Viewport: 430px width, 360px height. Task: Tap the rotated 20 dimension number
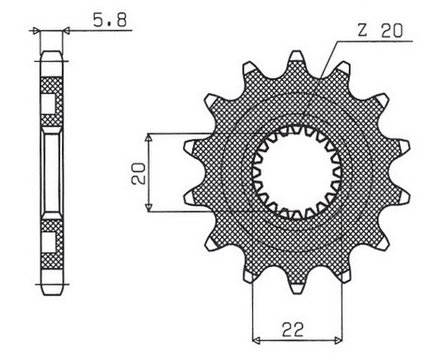(138, 172)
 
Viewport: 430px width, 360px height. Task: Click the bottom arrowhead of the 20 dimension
(152, 208)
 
